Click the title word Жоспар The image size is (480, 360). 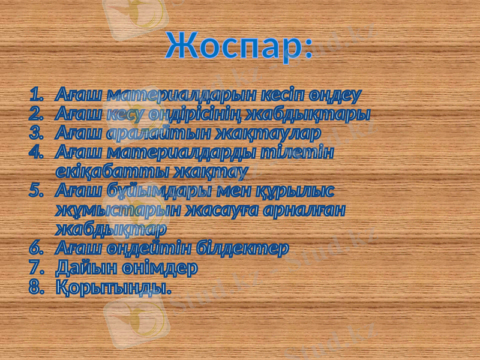(x=238, y=45)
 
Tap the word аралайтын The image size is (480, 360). (x=146, y=133)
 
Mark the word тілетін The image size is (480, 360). (x=298, y=152)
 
